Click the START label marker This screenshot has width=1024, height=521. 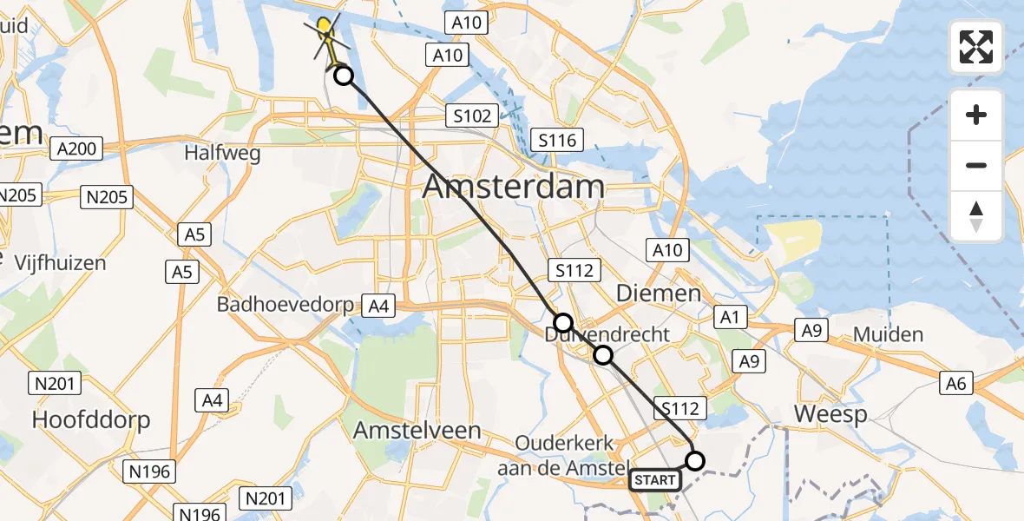655,479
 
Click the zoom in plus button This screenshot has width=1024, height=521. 976,115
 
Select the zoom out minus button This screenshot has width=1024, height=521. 976,165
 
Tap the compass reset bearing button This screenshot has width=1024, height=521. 976,216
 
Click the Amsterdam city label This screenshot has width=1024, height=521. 514,187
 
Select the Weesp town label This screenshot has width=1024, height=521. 830,414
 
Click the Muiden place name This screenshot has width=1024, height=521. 888,334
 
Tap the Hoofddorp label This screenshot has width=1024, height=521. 91,420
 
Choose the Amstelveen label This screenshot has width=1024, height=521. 417,430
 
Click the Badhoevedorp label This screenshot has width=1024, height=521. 286,305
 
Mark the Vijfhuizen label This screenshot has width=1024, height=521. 59,262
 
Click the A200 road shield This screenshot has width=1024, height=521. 75,149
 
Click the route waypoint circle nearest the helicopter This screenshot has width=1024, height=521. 344,76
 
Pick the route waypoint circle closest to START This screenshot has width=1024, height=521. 695,460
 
